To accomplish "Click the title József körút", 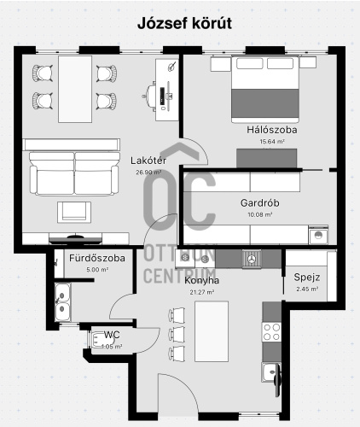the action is (184, 23).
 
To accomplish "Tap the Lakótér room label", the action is (148, 161).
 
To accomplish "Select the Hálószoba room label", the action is (272, 130).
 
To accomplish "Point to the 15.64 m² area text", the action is (272, 142).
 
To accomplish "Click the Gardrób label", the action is (259, 203).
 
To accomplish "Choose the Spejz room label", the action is (307, 278).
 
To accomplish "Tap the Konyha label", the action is (201, 280).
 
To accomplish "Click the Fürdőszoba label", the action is (97, 258).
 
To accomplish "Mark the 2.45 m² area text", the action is (307, 290).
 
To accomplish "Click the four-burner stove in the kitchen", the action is (271, 332).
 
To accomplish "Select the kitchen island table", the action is (212, 331).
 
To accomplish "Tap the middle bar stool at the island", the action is (177, 335).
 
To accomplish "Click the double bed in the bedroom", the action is (265, 89).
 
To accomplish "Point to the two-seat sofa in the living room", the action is (74, 173).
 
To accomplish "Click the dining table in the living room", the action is (75, 89).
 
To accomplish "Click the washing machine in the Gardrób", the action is (318, 235).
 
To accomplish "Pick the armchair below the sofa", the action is (74, 212).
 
